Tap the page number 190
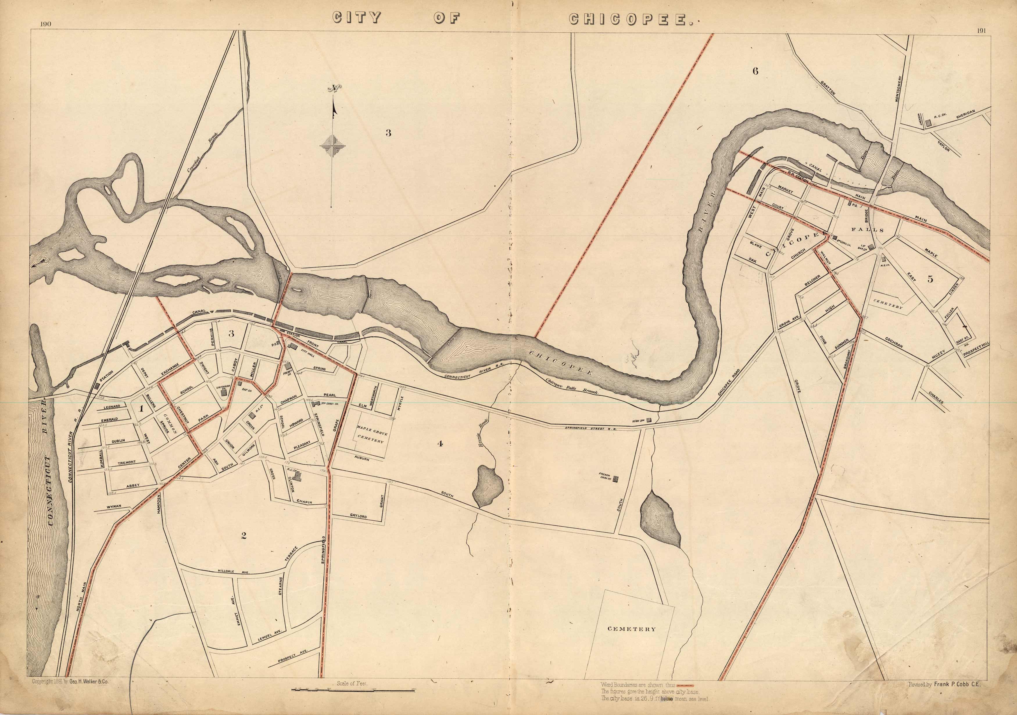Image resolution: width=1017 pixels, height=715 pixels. click(x=45, y=25)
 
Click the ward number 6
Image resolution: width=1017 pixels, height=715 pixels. click(x=755, y=71)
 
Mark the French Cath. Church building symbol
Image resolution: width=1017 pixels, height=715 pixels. click(x=616, y=478)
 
